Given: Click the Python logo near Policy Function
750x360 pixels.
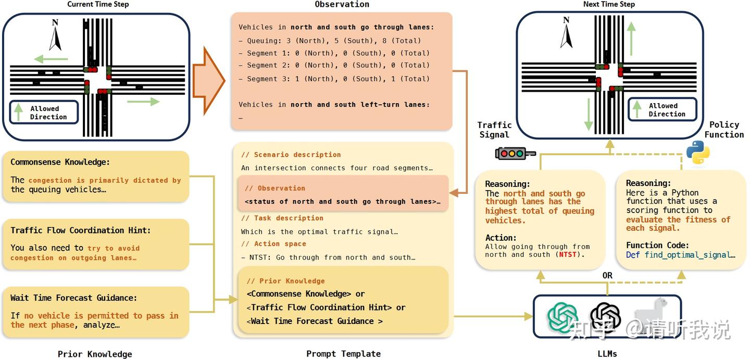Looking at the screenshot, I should pyautogui.click(x=697, y=152).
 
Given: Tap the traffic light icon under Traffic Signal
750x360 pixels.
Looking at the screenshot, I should pyautogui.click(x=515, y=153).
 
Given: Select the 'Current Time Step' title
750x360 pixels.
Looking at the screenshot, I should pyautogui.click(x=98, y=5).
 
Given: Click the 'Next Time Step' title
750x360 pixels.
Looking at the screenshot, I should pyautogui.click(x=609, y=5).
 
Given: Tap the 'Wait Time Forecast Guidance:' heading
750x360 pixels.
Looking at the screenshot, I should pyautogui.click(x=73, y=298).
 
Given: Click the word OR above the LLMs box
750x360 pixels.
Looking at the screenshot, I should pyautogui.click(x=607, y=276).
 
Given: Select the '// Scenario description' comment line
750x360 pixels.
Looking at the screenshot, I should pyautogui.click(x=291, y=155).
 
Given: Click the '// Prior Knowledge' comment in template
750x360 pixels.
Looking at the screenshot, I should pyautogui.click(x=285, y=281).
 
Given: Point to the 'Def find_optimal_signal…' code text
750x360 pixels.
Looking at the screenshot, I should pyautogui.click(x=680, y=255).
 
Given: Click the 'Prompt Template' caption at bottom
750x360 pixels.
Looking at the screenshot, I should pyautogui.click(x=343, y=354).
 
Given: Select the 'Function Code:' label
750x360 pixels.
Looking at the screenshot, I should pyautogui.click(x=657, y=245).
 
